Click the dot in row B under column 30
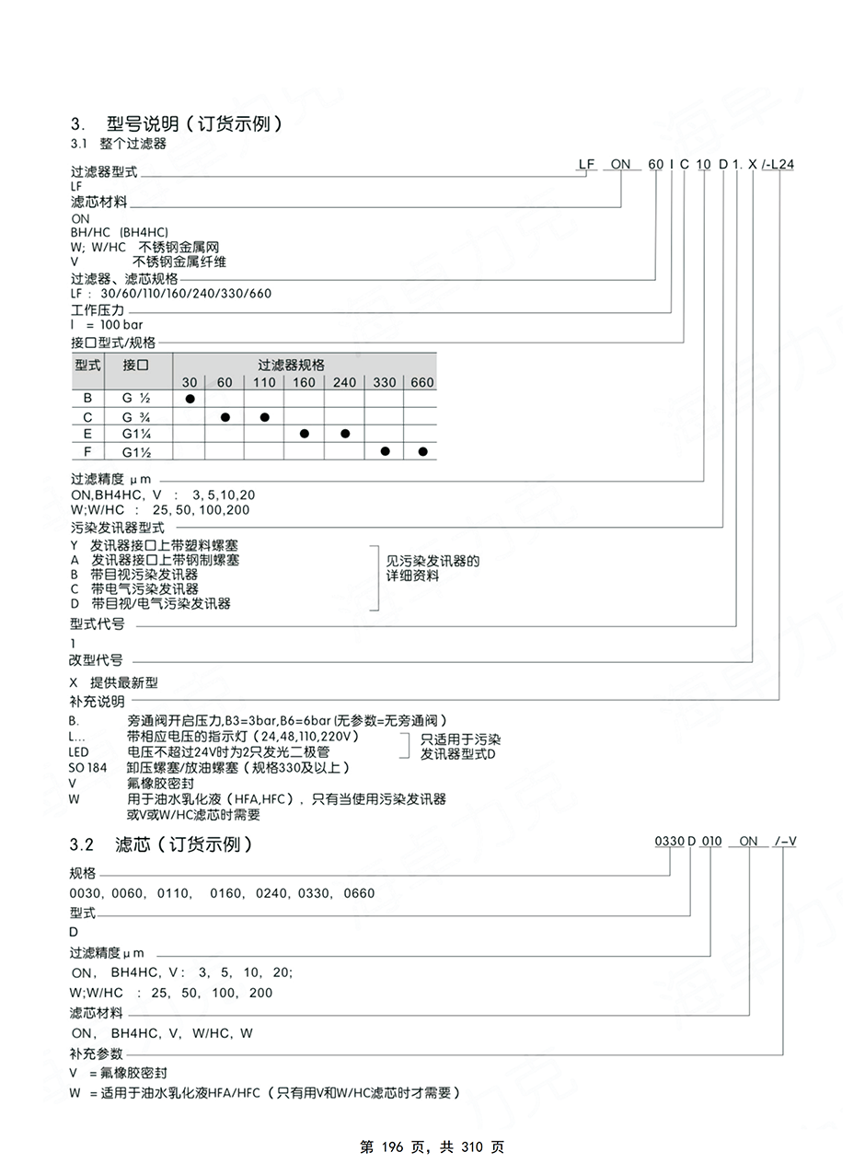pyautogui.click(x=190, y=399)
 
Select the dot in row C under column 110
pyautogui.click(x=264, y=417)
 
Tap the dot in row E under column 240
pyautogui.click(x=345, y=434)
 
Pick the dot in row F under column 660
pyautogui.click(x=422, y=451)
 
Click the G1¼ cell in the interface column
pyautogui.click(x=135, y=434)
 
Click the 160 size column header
pyautogui.click(x=304, y=382)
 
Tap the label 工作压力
pyautogui.click(x=97, y=311)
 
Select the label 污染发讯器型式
pyautogui.click(x=117, y=528)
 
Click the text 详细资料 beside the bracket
pyautogui.click(x=412, y=576)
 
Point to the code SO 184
pyautogui.click(x=87, y=767)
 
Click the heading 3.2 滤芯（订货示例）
pyautogui.click(x=160, y=843)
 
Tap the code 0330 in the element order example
pyautogui.click(x=669, y=841)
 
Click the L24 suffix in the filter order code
pyautogui.click(x=783, y=164)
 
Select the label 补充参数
pyautogui.click(x=96, y=1053)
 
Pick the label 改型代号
pyautogui.click(x=96, y=660)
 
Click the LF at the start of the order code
pyautogui.click(x=586, y=164)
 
